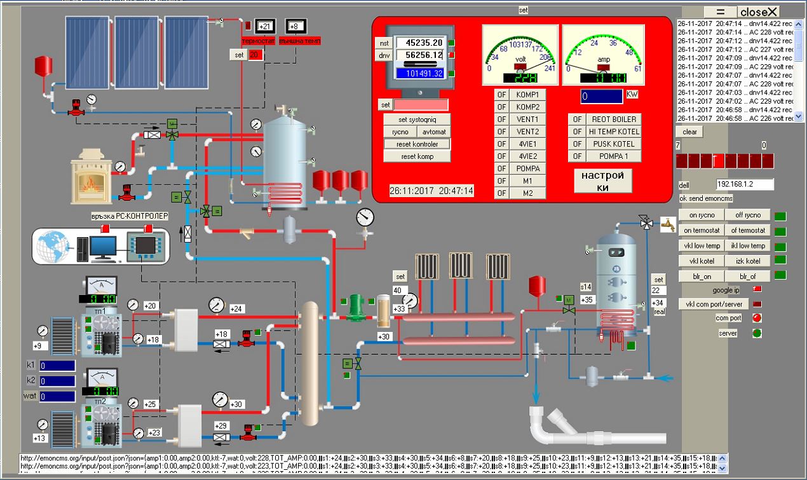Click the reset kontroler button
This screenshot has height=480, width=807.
point(417,144)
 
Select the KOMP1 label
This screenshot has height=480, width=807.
point(528,94)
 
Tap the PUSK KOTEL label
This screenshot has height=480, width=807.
point(605,144)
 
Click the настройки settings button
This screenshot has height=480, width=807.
point(603,181)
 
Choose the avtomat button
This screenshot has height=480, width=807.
point(434,132)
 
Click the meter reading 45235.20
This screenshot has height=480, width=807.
point(420,43)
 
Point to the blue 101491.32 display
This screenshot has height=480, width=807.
point(420,73)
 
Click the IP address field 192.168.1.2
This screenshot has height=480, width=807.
point(745,184)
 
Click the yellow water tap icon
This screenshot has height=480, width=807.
point(667,224)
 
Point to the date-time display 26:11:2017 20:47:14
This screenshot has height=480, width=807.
point(431,191)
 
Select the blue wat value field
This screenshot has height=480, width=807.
point(57,396)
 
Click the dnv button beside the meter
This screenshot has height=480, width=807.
point(384,55)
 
